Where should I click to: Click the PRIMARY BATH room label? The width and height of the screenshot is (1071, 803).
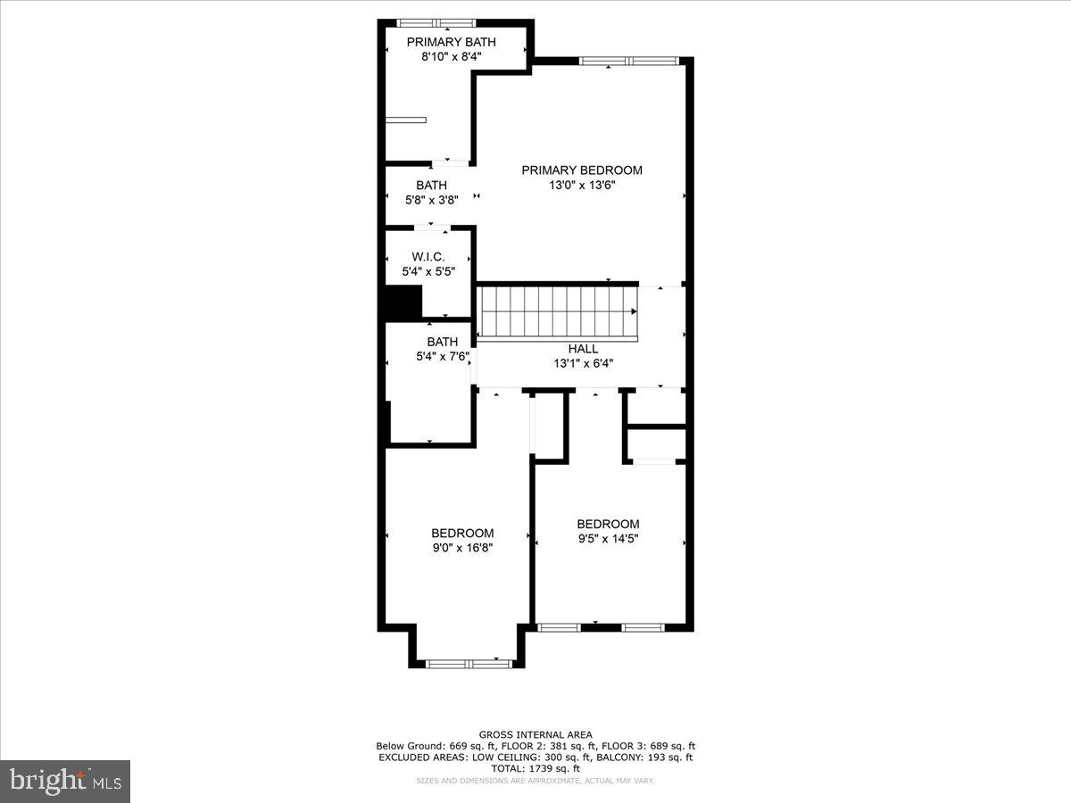pos(451,42)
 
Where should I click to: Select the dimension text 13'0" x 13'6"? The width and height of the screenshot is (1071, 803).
pos(582,186)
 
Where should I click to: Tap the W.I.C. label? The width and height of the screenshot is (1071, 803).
pos(428,256)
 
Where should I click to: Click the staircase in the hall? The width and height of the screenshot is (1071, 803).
pos(558,312)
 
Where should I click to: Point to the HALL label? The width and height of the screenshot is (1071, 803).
pos(583,349)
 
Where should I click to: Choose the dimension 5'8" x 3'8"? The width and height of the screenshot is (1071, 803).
pos(431,200)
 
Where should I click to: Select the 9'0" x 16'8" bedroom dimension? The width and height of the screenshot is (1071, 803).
pos(462,548)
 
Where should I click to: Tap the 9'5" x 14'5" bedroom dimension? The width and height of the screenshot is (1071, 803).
pos(608,539)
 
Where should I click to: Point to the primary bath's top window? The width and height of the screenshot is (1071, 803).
pos(436,23)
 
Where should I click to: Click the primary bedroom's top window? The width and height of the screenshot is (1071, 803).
pos(629,61)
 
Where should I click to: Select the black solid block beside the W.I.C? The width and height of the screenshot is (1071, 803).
pos(403,301)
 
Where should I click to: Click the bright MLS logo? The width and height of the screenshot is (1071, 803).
pos(65,781)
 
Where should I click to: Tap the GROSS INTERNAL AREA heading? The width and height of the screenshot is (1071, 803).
pos(535,734)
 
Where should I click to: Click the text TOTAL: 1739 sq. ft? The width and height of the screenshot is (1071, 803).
pos(535,768)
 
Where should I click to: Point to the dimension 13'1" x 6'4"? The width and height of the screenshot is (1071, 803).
pos(583,363)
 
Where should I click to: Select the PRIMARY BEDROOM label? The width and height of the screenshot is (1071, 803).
pos(582,170)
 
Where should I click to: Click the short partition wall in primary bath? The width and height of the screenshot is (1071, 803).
pos(406,120)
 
